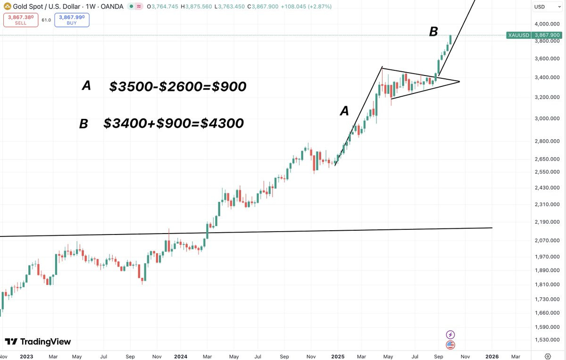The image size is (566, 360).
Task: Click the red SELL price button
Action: (x=21, y=20)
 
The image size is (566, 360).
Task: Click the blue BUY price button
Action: (x=72, y=20)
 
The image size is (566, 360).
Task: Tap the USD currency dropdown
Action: (x=547, y=7)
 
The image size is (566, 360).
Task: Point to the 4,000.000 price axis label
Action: (x=547, y=24)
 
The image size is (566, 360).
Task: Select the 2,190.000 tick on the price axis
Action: (x=547, y=222)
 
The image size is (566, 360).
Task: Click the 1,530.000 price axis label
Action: (x=547, y=340)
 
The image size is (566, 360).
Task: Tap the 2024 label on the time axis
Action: (x=181, y=356)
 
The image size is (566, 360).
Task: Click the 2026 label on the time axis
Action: (x=492, y=356)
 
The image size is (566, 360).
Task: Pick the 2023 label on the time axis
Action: (x=26, y=356)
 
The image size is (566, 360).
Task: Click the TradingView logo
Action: (x=38, y=342)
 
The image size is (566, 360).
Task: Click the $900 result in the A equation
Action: (x=229, y=86)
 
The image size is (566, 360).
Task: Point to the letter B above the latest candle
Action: (x=433, y=32)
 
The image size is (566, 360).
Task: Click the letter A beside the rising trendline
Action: (x=344, y=111)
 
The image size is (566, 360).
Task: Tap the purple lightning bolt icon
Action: (x=450, y=335)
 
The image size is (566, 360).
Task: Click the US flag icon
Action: (x=450, y=345)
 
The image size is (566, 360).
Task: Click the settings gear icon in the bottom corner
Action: (x=547, y=356)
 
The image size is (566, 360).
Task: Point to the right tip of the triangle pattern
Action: (x=459, y=82)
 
